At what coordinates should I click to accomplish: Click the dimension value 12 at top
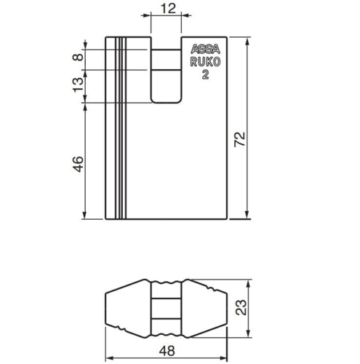(x=167, y=8)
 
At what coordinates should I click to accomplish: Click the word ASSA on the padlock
(x=205, y=51)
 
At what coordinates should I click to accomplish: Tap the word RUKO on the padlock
(x=205, y=63)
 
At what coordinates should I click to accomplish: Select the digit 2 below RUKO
(x=206, y=75)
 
